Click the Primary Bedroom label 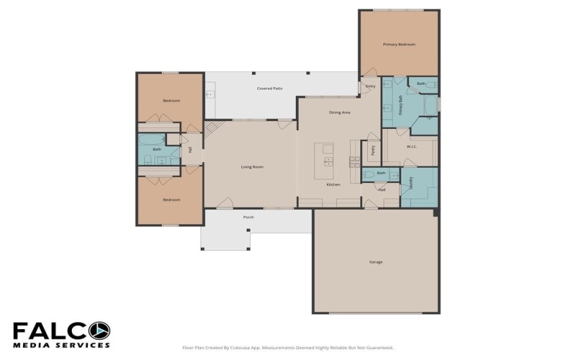(399, 45)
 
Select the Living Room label (252, 167)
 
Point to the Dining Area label (339, 112)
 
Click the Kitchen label (333, 185)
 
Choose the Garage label (375, 262)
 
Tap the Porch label (248, 217)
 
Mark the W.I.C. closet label (412, 147)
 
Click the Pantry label (373, 151)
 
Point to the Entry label (371, 86)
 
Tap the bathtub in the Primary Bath (431, 106)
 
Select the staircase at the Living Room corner (211, 130)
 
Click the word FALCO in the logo (61, 330)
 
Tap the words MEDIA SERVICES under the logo (61, 346)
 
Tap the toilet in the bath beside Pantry (367, 174)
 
